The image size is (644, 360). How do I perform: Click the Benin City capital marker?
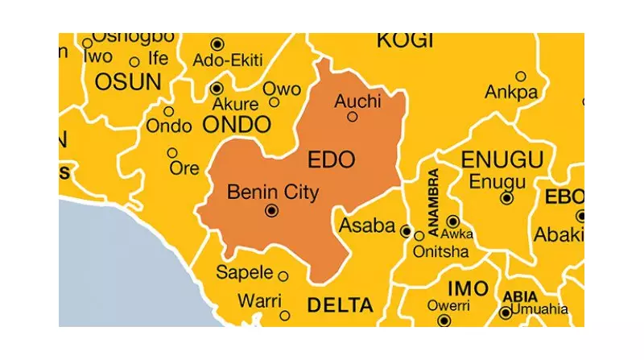point(271,211)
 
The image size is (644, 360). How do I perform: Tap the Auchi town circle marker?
point(352,117)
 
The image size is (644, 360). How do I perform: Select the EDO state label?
point(331,159)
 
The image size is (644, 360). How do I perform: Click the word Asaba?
point(366,225)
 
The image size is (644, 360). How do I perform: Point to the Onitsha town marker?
point(419,236)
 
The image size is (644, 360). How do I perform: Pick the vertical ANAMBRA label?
point(435,202)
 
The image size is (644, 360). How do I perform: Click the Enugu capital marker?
point(506,197)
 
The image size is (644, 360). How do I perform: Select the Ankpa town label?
point(510,93)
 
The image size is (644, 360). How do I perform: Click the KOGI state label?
point(404,41)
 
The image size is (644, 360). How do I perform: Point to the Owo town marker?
point(274,102)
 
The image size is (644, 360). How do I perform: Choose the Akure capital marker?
point(217,88)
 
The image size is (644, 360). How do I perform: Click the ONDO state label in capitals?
point(236,124)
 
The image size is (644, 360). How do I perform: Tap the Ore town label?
point(184,168)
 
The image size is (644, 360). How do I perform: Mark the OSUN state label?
point(128,82)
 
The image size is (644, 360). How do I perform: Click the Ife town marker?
point(134,61)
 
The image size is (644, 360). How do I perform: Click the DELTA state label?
point(341,305)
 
